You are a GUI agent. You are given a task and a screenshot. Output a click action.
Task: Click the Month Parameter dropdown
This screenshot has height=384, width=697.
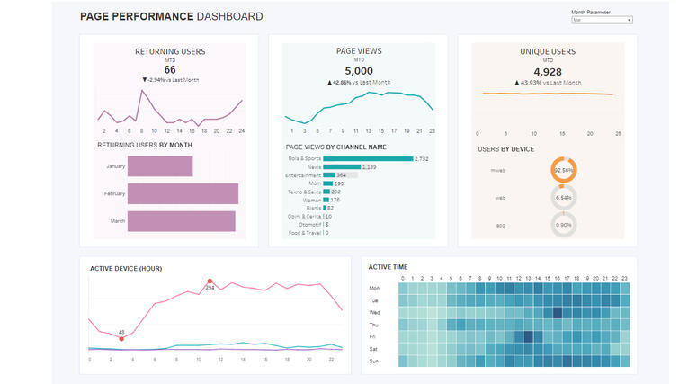pyautogui.click(x=602, y=20)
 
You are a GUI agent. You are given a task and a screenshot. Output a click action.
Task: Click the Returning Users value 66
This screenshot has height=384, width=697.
pyautogui.click(x=169, y=69)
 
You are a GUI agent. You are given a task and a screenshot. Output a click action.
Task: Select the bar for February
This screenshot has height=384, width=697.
pyautogui.click(x=183, y=193)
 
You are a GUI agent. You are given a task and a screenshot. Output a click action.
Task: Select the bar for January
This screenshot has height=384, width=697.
pyautogui.click(x=160, y=166)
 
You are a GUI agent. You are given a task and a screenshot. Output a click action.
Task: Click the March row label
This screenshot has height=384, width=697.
pyautogui.click(x=116, y=221)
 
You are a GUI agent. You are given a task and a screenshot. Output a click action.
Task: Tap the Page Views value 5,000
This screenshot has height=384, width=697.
pyautogui.click(x=358, y=70)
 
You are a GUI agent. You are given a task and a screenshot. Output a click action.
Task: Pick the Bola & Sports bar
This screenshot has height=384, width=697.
pyautogui.click(x=367, y=158)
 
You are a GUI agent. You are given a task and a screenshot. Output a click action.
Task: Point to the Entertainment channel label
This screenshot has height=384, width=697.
pyautogui.click(x=303, y=175)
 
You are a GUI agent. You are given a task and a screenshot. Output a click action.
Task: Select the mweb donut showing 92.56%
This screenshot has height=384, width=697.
pyautogui.click(x=564, y=169)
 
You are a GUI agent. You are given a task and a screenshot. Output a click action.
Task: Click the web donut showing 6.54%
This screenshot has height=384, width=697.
pyautogui.click(x=564, y=197)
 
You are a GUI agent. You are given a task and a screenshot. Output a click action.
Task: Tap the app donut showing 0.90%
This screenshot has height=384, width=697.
pyautogui.click(x=564, y=225)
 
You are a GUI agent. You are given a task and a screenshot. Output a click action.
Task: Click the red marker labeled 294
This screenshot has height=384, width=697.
pyautogui.click(x=210, y=281)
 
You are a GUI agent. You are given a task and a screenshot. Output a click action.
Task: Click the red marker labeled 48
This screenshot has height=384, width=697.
pyautogui.click(x=121, y=338)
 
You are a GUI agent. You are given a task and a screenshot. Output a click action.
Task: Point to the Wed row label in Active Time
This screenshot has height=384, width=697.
pyautogui.click(x=374, y=312)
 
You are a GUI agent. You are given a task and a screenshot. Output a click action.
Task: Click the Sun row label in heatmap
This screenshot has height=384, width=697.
pyautogui.click(x=374, y=361)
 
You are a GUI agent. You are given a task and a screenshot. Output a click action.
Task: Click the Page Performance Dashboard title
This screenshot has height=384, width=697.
pyautogui.click(x=171, y=16)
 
